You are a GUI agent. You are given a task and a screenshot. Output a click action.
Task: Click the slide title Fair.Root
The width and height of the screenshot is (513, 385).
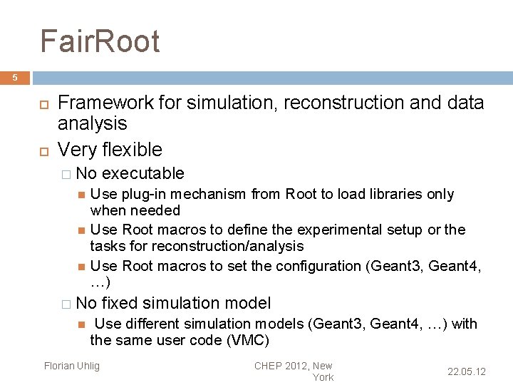tap(100, 41)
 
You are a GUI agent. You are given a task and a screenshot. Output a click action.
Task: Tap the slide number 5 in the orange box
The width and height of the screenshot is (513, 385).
tap(14, 78)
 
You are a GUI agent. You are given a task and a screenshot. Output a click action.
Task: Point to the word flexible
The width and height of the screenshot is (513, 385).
tap(132, 150)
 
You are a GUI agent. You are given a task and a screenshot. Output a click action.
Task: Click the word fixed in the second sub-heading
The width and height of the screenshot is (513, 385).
tap(119, 303)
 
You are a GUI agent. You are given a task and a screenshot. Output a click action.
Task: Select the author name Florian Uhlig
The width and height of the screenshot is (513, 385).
tap(72, 366)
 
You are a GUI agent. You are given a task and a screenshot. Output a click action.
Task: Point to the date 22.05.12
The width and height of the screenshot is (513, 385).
tap(467, 371)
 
